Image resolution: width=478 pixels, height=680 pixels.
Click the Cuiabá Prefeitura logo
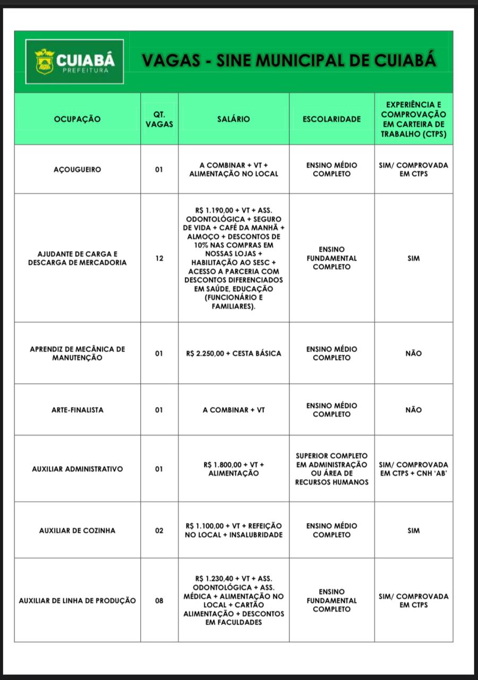pyautogui.click(x=74, y=62)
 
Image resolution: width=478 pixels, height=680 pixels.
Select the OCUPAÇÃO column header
pyautogui.click(x=77, y=120)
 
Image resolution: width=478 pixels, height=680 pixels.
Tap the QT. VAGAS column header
pyautogui.click(x=159, y=120)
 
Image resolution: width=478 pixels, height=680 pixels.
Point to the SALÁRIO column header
pyautogui.click(x=233, y=120)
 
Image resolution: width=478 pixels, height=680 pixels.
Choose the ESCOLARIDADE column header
pyautogui.click(x=331, y=120)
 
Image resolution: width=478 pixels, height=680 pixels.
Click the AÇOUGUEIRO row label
pyautogui.click(x=77, y=170)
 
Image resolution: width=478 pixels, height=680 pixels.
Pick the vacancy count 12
pyautogui.click(x=159, y=258)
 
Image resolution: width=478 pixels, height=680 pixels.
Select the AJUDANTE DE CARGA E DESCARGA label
pyautogui.click(x=77, y=258)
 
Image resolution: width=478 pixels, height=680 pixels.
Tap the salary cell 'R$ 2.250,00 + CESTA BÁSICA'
pyautogui.click(x=234, y=353)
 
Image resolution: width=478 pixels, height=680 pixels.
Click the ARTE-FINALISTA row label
pyautogui.click(x=77, y=410)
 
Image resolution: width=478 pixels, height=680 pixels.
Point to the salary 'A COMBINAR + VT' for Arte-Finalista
pyautogui.click(x=234, y=410)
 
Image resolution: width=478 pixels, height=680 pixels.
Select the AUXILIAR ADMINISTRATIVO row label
pyautogui.click(x=77, y=469)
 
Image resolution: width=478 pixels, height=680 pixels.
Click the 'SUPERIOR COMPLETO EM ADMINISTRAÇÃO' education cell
pyautogui.click(x=331, y=469)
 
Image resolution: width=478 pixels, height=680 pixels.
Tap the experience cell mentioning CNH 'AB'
pyautogui.click(x=414, y=469)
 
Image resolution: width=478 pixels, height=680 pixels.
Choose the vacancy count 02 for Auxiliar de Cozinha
pyautogui.click(x=159, y=530)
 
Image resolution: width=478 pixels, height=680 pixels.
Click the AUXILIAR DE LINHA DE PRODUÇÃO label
pyautogui.click(x=77, y=601)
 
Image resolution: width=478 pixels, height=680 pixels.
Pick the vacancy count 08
pyautogui.click(x=159, y=601)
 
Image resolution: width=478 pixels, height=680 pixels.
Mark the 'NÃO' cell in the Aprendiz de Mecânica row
pyautogui.click(x=414, y=353)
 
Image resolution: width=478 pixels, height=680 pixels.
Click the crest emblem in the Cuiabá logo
pyautogui.click(x=45, y=62)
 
